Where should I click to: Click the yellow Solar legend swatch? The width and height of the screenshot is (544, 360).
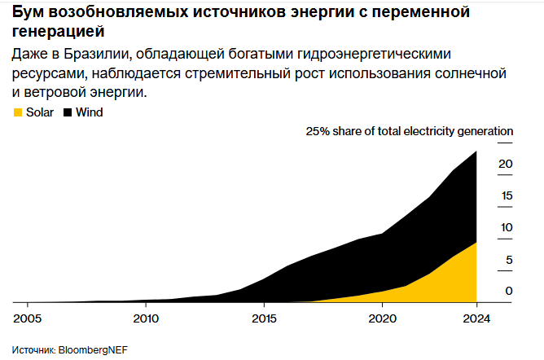point(18,112)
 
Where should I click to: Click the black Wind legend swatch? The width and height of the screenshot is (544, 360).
point(68,112)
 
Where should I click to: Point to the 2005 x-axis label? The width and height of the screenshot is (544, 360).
point(27,318)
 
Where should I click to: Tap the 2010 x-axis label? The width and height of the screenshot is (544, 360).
point(146,318)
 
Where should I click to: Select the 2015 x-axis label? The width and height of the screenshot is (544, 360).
point(264,318)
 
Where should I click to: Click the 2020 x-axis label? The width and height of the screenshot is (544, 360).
point(382,318)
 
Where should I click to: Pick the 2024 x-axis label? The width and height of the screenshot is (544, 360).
point(476,318)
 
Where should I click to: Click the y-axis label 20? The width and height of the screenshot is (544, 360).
point(506,164)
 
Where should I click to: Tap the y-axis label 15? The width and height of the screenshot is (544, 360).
point(507,195)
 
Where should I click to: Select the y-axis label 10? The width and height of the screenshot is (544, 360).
point(507,227)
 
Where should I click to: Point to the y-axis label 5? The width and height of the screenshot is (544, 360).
point(509,260)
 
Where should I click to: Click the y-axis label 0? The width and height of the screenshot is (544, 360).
point(509,291)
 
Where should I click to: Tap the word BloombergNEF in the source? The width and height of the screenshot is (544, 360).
point(93,350)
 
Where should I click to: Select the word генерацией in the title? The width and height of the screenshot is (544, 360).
point(59,32)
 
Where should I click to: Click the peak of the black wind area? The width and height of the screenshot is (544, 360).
point(476,151)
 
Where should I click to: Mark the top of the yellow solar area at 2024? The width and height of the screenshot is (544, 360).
point(476,242)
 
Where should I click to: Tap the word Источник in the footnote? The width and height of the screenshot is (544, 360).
point(33,350)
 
